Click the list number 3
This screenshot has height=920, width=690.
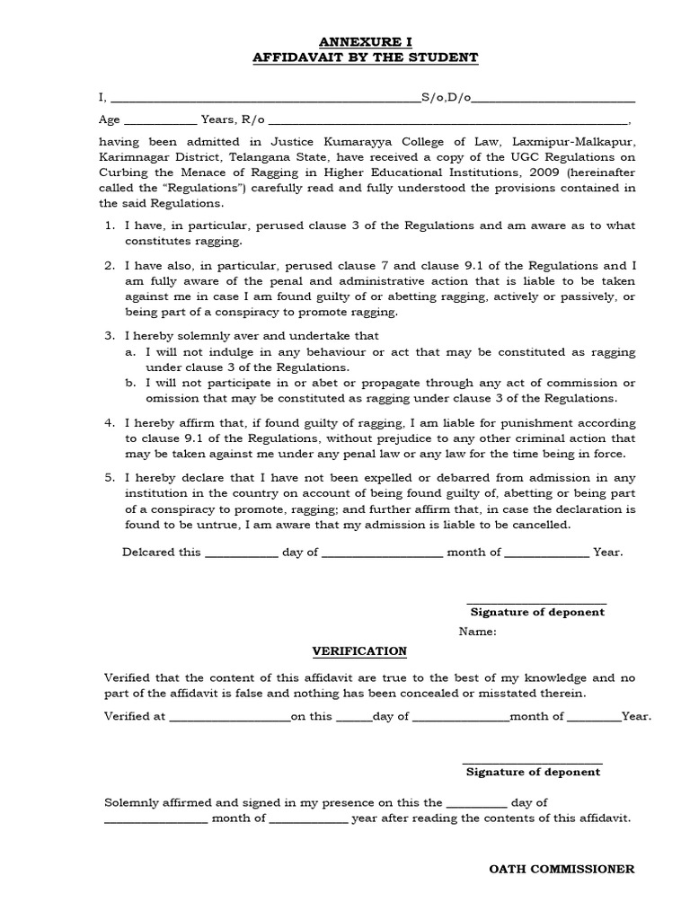coord(109,334)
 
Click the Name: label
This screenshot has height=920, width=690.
coord(477,632)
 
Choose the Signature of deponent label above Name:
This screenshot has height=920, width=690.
coord(537,612)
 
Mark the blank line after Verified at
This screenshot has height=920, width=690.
coord(229,717)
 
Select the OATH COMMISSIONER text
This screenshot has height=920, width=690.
coord(562,869)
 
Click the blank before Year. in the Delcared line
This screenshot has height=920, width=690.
coord(546,553)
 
